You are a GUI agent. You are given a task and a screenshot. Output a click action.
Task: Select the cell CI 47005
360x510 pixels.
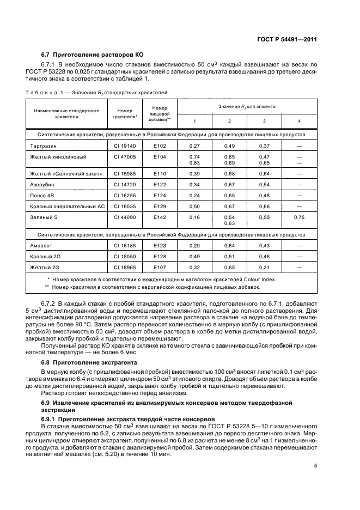point(124,156)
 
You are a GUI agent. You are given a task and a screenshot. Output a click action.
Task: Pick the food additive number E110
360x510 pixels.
point(159,173)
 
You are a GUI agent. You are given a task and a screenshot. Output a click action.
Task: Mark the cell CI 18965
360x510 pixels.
point(124,268)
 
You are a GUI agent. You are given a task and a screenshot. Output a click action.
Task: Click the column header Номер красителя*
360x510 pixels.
point(124,113)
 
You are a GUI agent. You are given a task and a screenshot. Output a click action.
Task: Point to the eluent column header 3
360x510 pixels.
point(264,120)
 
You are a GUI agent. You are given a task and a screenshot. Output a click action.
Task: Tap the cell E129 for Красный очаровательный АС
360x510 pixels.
point(159,206)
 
